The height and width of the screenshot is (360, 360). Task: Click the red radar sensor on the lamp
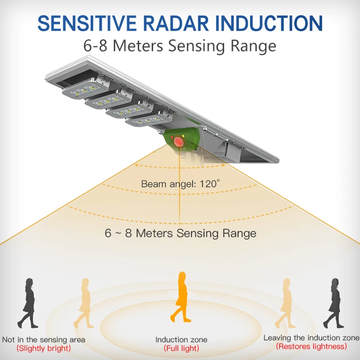(180, 142)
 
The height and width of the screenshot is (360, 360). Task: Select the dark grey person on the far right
(333, 303)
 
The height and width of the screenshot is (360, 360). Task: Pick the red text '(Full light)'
(181, 348)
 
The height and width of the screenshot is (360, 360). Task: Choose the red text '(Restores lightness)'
(311, 346)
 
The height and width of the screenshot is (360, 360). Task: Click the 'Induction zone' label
(180, 339)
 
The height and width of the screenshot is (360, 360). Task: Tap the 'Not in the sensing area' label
(44, 339)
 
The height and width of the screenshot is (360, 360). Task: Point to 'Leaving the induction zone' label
(311, 338)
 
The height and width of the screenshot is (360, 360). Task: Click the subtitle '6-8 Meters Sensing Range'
(180, 46)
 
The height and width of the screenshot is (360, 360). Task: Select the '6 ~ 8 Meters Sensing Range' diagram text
(180, 234)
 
